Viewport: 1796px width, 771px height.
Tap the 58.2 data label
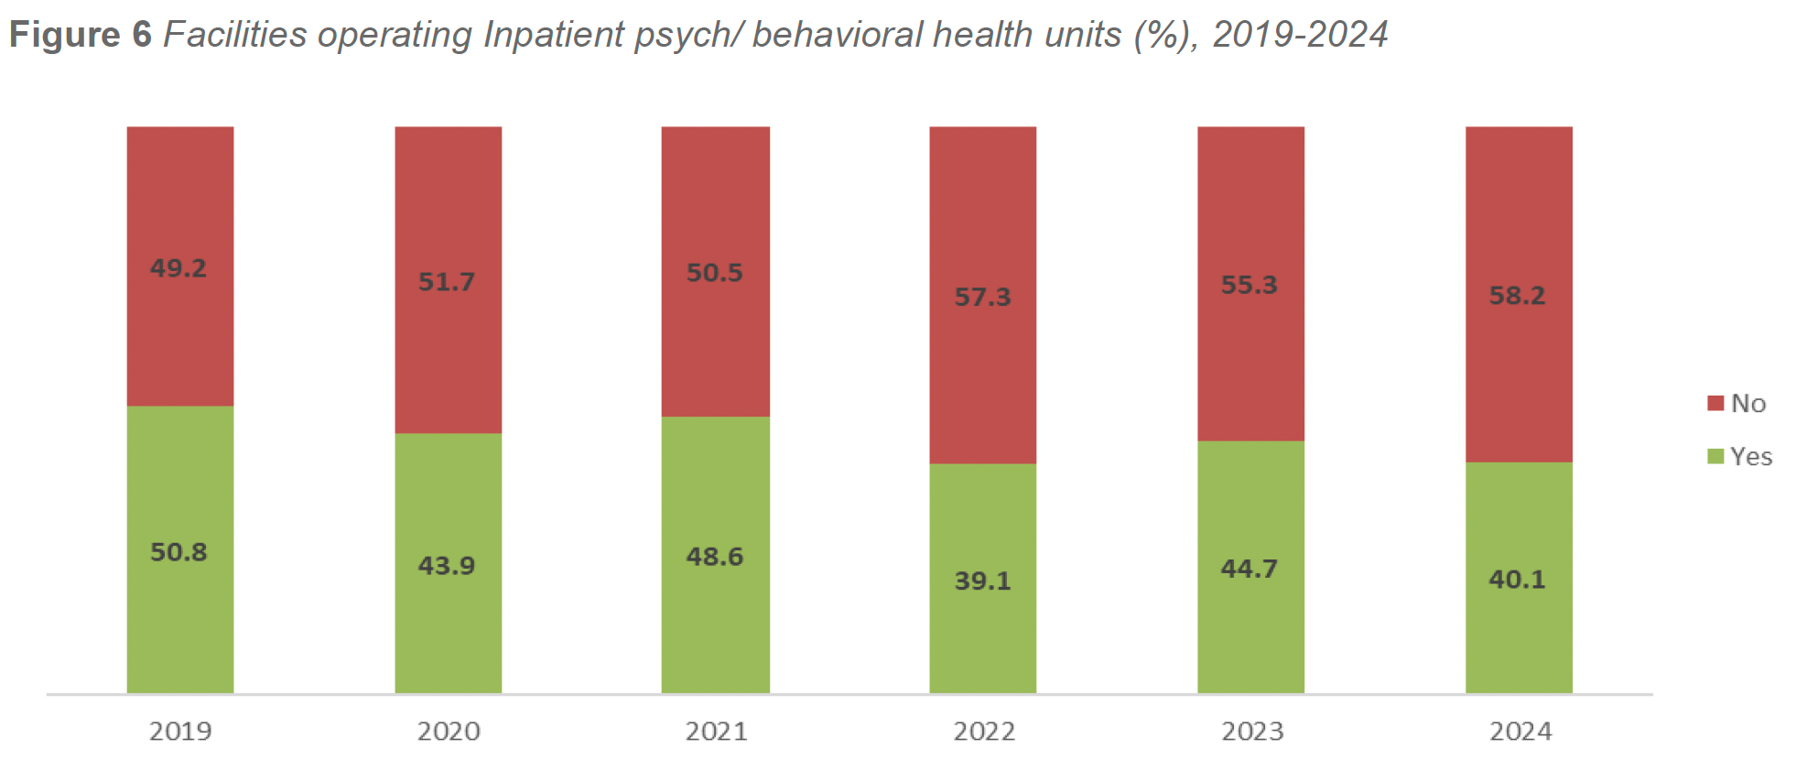[x=1517, y=296]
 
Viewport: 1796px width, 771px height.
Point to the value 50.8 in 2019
[x=179, y=552]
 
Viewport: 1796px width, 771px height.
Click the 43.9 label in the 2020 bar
[x=447, y=566]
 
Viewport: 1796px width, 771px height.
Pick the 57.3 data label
[x=982, y=298]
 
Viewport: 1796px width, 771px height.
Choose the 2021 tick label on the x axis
[x=716, y=732]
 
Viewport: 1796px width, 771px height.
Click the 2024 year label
[x=1520, y=732]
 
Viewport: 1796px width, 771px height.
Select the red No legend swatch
[x=1715, y=404]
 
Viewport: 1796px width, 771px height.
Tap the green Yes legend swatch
[x=1715, y=456]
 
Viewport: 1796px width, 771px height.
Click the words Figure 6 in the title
[x=81, y=35]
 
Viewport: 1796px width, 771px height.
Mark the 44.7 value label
[x=1249, y=569]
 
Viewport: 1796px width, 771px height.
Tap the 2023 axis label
[x=1251, y=732]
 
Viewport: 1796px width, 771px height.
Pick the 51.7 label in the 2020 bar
[x=447, y=282]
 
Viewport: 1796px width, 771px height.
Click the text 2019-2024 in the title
[x=1300, y=35]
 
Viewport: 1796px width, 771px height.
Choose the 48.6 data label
[x=715, y=557]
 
